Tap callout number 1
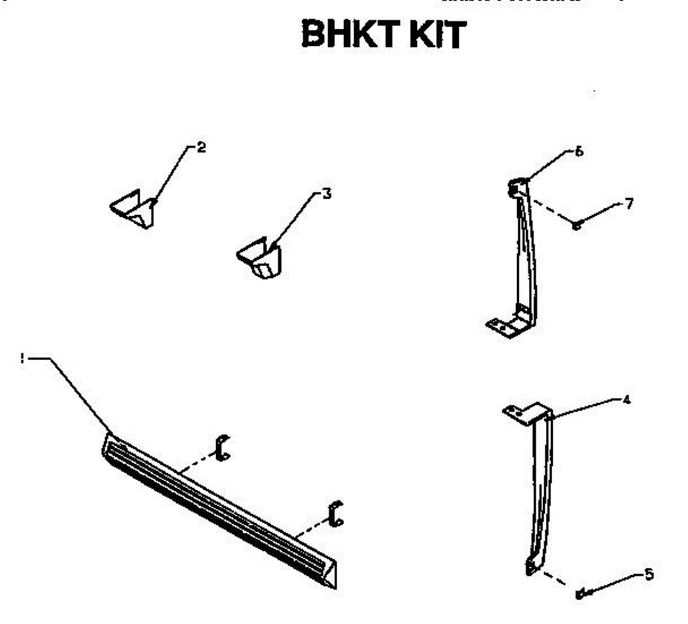pos(22,358)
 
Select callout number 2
pos(201,147)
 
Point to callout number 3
pos(327,194)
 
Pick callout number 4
pos(627,400)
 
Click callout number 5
pos(649,574)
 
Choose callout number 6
pos(579,152)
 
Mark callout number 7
pos(630,204)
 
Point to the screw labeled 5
pos(581,594)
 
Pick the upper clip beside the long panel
pos(221,447)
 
